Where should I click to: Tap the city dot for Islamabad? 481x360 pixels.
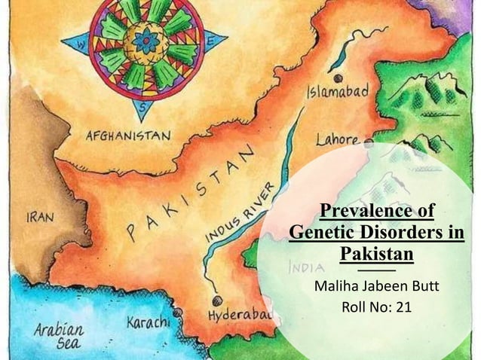coord(337,78)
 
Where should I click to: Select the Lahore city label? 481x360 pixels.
coord(338,139)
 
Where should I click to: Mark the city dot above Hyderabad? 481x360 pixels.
coord(217,300)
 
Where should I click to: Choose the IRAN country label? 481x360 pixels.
coord(39,217)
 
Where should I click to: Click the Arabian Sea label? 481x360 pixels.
coord(58,336)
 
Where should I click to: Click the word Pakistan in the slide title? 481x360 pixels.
coord(377,253)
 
